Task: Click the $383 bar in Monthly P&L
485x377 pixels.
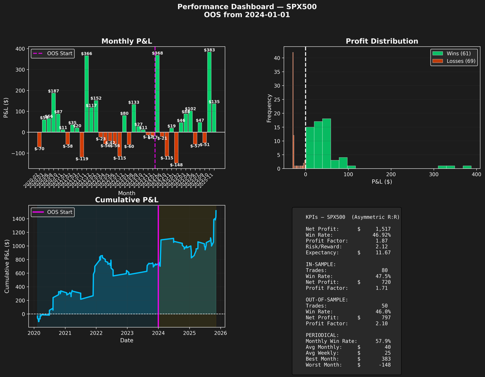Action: tap(209, 92)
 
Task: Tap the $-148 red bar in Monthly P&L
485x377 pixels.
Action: tap(176, 147)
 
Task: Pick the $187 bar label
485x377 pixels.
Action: tap(53, 91)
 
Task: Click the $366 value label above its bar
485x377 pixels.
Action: tap(87, 54)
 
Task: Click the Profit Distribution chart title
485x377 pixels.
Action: tap(382, 41)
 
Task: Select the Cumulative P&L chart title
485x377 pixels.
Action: tap(127, 200)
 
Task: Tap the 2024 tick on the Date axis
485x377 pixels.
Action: tap(158, 333)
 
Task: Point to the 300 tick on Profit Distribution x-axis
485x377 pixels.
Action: tap(434, 175)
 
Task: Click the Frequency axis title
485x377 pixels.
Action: tap(269, 108)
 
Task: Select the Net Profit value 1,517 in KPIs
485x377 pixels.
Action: tap(383, 229)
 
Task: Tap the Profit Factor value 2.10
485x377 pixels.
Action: tap(381, 324)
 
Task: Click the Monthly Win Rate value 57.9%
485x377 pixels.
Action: tap(383, 341)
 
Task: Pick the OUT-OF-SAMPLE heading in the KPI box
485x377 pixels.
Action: tap(327, 300)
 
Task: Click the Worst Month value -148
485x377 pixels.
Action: tap(385, 365)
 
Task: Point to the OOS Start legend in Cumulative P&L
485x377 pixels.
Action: tap(52, 212)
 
